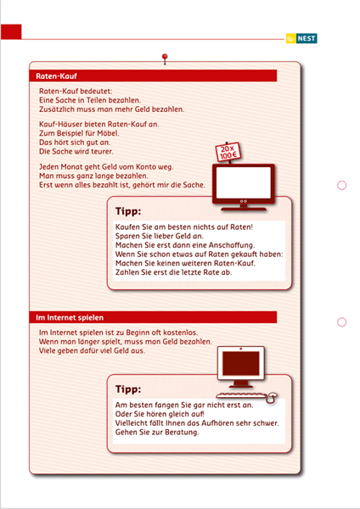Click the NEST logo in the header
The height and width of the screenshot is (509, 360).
301,38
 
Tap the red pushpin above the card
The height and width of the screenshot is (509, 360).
165,59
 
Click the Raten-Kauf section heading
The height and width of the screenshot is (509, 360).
56,76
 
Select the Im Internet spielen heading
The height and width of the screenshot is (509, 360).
70,317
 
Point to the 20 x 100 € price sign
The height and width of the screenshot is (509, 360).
228,152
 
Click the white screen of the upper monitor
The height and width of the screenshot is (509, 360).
244,182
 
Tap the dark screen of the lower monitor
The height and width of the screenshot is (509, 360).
241,363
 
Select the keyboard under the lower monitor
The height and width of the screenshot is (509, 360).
241,395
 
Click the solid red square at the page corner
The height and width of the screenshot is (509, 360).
11,32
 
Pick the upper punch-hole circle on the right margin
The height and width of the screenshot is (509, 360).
342,185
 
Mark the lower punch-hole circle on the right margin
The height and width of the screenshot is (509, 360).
342,322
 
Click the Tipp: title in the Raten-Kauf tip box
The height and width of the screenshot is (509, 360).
128,211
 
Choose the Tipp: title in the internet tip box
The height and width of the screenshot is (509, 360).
128,389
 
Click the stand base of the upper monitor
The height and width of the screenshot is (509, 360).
244,210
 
